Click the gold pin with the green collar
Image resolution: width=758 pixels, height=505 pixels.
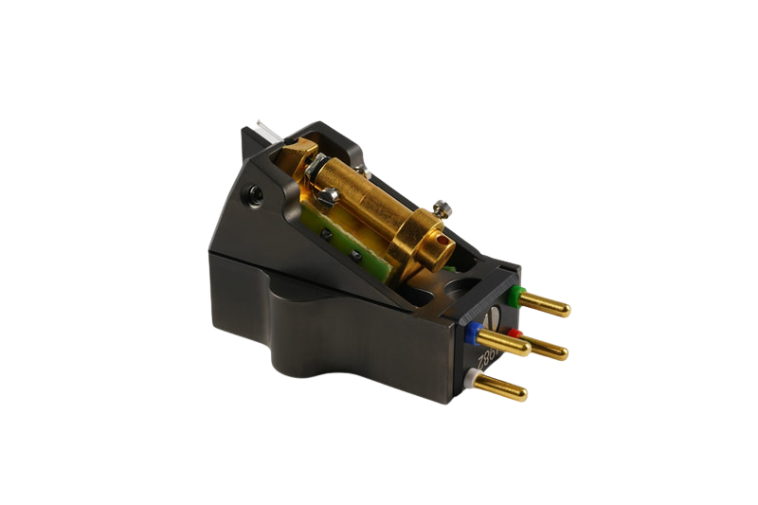(544, 306)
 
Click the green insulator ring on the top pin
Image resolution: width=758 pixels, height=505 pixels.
(514, 294)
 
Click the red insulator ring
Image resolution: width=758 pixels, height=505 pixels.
(513, 333)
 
